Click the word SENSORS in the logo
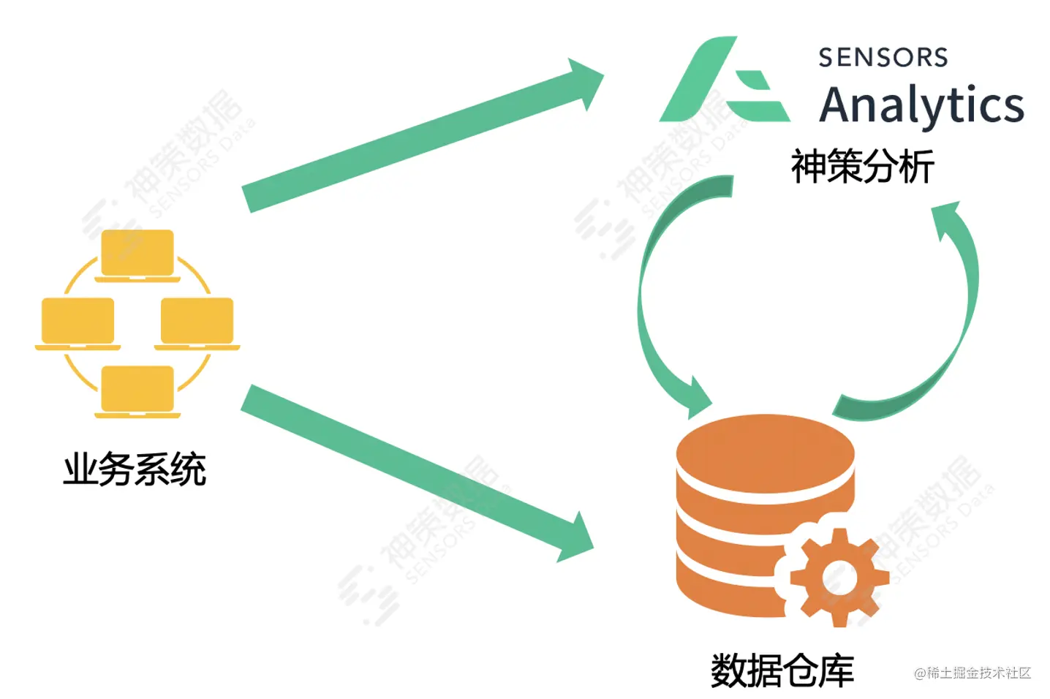pos(883,58)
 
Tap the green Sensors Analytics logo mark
pos(724,80)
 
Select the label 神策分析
pos(862,167)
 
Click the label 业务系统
pos(135,469)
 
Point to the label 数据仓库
pos(782,670)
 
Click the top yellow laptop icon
pos(137,254)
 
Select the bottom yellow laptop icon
pos(137,390)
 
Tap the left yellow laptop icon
pos(78,322)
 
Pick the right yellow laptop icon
pos(197,322)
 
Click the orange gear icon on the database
pos(839,578)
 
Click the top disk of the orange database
pos(765,450)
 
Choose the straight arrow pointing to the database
pos(409,468)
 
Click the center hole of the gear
pos(839,578)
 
